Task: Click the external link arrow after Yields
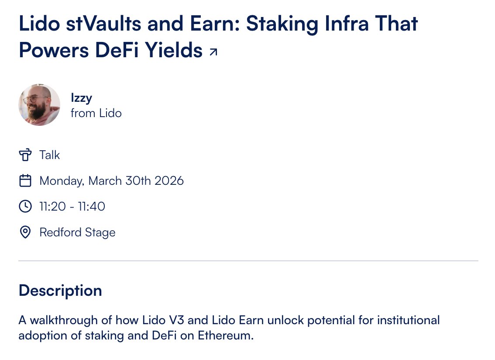coord(213,52)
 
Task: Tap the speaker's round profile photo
coord(39,104)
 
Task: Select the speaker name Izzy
coord(82,98)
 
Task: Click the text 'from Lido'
coord(96,113)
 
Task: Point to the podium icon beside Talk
coord(25,155)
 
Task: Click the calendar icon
coord(25,181)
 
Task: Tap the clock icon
coord(25,206)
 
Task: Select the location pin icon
coord(25,232)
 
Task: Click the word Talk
coord(50,155)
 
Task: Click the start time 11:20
coord(52,206)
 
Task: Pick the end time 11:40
coord(92,206)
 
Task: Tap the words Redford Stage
coord(77,232)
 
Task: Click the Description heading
coord(60,290)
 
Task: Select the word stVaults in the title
coord(103,24)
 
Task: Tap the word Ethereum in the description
coord(226,336)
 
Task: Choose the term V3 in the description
coord(176,320)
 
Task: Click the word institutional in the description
coord(409,320)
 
